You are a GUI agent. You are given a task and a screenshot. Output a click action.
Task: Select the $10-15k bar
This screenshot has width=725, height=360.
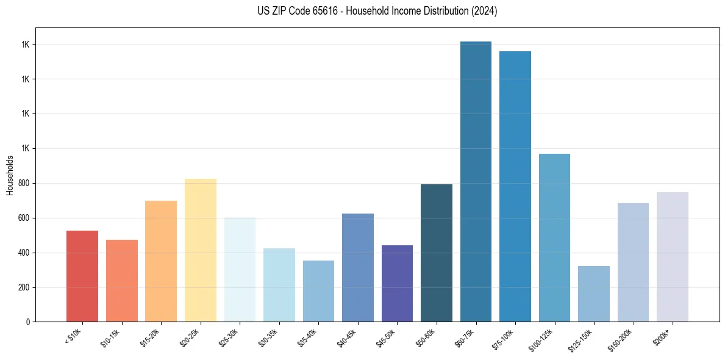tap(122, 281)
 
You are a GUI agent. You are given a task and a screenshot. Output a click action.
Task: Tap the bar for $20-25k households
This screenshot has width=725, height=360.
tap(201, 250)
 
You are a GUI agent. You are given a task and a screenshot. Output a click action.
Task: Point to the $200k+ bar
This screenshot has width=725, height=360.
tap(673, 257)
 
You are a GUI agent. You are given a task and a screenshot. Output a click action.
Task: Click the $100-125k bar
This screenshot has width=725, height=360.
tap(554, 238)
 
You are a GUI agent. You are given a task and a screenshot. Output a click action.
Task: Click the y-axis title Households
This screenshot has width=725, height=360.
tap(10, 175)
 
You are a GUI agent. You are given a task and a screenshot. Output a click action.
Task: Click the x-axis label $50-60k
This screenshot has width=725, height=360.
tap(427, 337)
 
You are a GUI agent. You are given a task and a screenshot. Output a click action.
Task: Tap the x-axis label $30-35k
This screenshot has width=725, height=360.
tap(269, 337)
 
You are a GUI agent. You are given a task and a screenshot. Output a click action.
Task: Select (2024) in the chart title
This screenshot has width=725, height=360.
tap(484, 11)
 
